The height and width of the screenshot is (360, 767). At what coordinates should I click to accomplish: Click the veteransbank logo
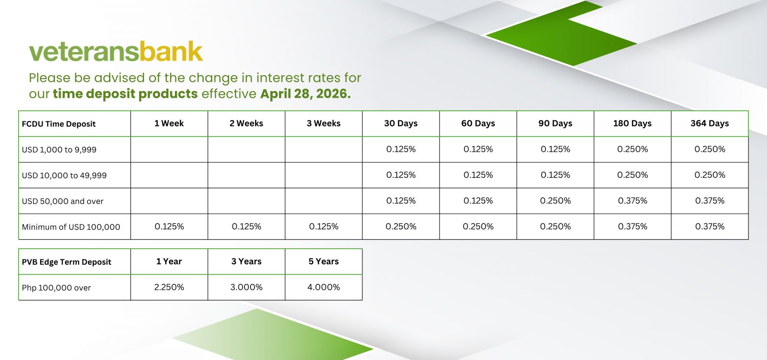point(116,51)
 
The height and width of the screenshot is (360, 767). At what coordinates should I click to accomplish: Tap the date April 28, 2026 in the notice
point(305,94)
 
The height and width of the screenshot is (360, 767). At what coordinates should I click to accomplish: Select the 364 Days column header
point(709,123)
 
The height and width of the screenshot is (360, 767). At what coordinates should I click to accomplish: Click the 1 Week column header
point(169,123)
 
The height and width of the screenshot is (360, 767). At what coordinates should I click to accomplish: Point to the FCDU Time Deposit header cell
point(58,124)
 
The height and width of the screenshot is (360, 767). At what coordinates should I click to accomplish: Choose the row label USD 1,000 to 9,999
point(59,150)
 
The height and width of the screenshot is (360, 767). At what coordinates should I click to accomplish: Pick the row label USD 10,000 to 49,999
point(64,175)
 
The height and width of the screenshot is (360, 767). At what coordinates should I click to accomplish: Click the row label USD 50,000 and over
point(62,201)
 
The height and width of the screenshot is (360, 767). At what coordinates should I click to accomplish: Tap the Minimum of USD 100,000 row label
point(71,227)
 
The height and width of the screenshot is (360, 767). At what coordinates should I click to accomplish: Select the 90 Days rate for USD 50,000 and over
point(555,201)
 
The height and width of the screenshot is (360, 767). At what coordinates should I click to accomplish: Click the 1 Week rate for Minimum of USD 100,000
point(169,226)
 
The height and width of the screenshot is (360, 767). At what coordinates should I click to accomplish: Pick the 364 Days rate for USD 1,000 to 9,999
point(709,150)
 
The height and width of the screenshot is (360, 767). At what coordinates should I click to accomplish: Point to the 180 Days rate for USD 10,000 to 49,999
point(632,175)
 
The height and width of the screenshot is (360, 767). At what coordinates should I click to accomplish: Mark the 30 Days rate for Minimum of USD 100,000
point(401,226)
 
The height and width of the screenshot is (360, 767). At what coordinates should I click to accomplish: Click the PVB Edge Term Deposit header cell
point(67,262)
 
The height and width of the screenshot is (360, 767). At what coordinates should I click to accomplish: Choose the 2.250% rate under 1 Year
point(169,287)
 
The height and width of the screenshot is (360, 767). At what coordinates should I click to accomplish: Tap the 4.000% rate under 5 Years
point(323,287)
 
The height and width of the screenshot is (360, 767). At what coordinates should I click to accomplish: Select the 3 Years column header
point(246,261)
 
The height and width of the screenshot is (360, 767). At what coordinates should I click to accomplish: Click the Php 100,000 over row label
point(56,288)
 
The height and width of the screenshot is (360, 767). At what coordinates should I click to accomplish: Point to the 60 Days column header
point(478,123)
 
